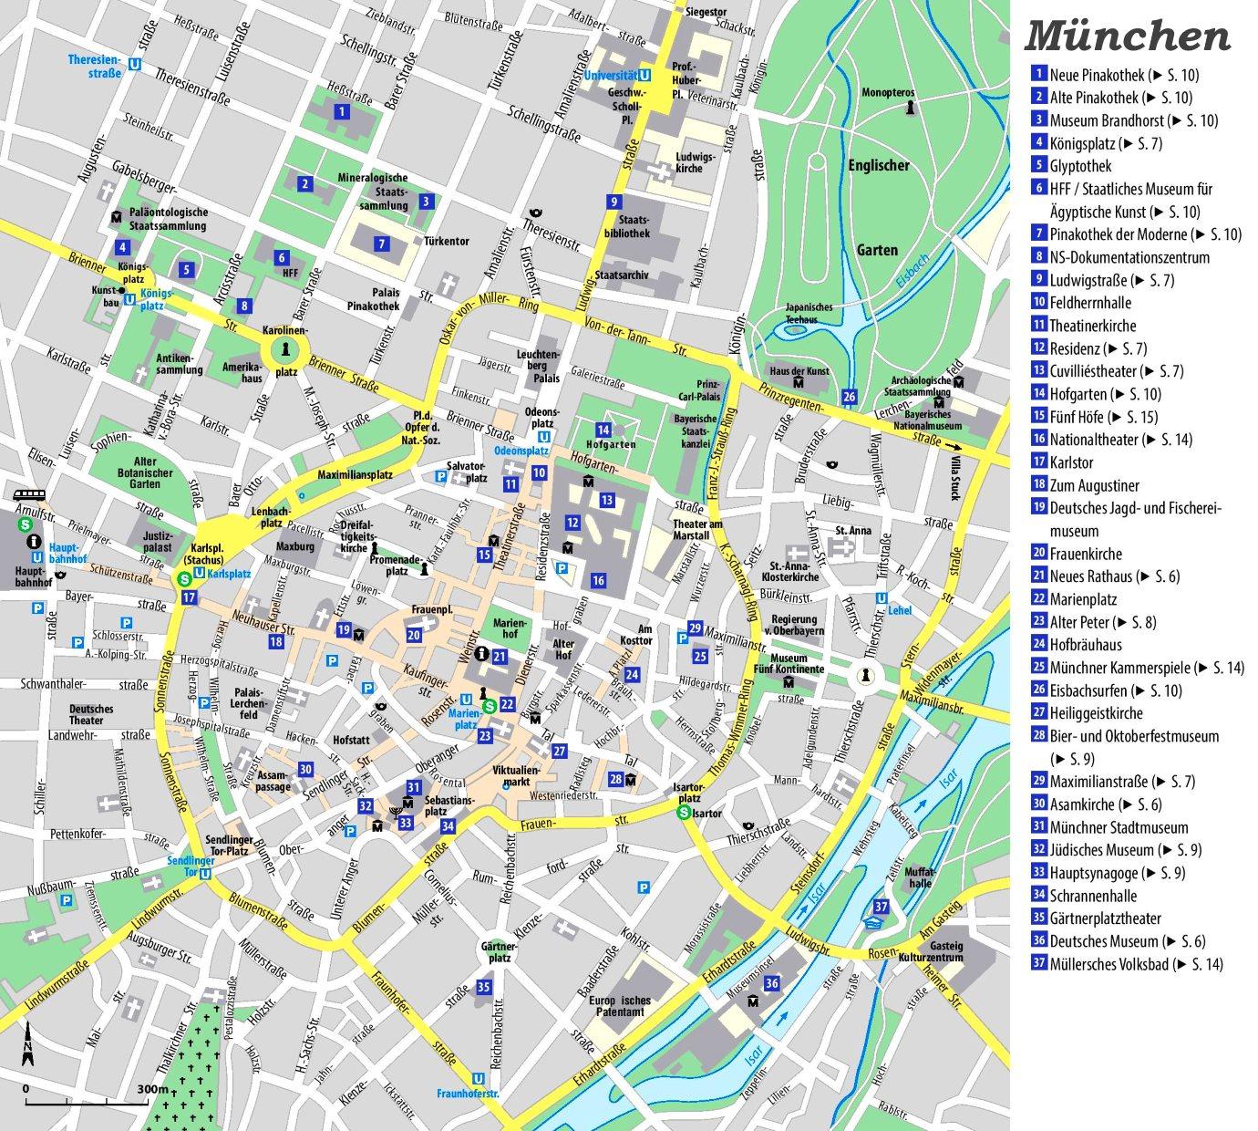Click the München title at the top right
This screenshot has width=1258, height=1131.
pyautogui.click(x=1128, y=36)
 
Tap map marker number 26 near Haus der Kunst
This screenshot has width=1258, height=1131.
pyautogui.click(x=850, y=396)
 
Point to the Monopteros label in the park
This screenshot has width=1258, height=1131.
pyautogui.click(x=887, y=92)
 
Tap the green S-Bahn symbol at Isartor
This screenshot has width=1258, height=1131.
pyautogui.click(x=684, y=814)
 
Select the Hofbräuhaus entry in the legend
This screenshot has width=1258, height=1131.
pyautogui.click(x=1085, y=645)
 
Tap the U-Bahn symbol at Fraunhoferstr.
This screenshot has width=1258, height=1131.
pyautogui.click(x=479, y=1078)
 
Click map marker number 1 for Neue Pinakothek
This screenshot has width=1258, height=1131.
pyautogui.click(x=341, y=112)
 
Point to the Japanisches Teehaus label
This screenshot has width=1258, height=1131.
pyautogui.click(x=809, y=314)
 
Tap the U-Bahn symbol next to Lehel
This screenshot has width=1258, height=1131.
pyautogui.click(x=881, y=598)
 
